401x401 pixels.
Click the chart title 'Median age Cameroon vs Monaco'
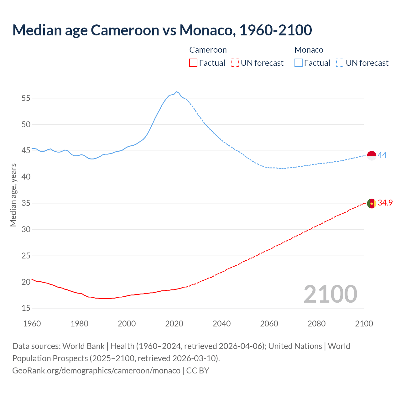coord(162,30)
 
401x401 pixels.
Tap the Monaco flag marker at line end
coord(372,155)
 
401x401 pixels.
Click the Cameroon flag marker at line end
coord(372,203)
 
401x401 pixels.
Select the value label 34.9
coord(385,203)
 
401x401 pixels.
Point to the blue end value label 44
coord(382,155)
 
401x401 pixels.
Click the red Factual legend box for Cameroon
coord(193,63)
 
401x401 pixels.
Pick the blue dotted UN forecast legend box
coord(340,63)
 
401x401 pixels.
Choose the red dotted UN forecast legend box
coord(235,63)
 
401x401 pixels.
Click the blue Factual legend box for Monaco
coord(299,63)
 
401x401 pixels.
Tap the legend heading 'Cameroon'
coord(208,50)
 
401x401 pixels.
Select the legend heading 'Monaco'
coord(309,50)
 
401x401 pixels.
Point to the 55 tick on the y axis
coord(26,98)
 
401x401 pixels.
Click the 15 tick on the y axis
coord(26,308)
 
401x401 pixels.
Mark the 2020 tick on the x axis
coord(174,324)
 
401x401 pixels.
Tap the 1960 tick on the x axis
coord(32,324)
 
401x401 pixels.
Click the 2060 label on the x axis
coord(269,324)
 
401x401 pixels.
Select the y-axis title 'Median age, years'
coord(13,195)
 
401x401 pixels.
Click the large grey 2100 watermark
coord(331,294)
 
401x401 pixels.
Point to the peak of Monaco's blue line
coord(176,91)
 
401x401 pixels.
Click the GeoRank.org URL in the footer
coord(96,371)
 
